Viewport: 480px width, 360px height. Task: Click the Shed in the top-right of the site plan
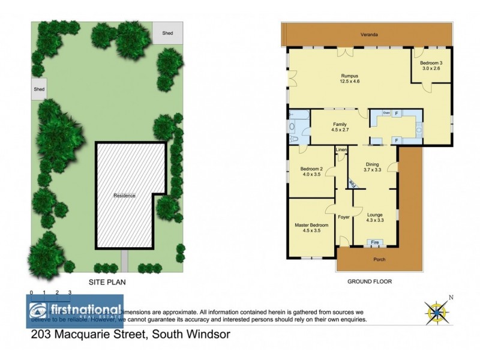pos(167,33)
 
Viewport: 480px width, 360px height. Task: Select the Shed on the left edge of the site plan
pos(40,89)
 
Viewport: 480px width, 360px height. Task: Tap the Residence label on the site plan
pos(125,196)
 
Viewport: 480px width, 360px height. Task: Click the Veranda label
pos(369,35)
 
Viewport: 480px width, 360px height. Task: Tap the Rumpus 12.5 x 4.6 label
pos(350,79)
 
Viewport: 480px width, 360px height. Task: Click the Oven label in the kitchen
pos(386,113)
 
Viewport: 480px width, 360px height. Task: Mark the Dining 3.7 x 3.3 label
pos(373,166)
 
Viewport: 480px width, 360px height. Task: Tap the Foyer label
pos(344,217)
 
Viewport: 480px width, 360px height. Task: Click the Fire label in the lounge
pos(374,242)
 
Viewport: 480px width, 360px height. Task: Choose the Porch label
pos(379,260)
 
